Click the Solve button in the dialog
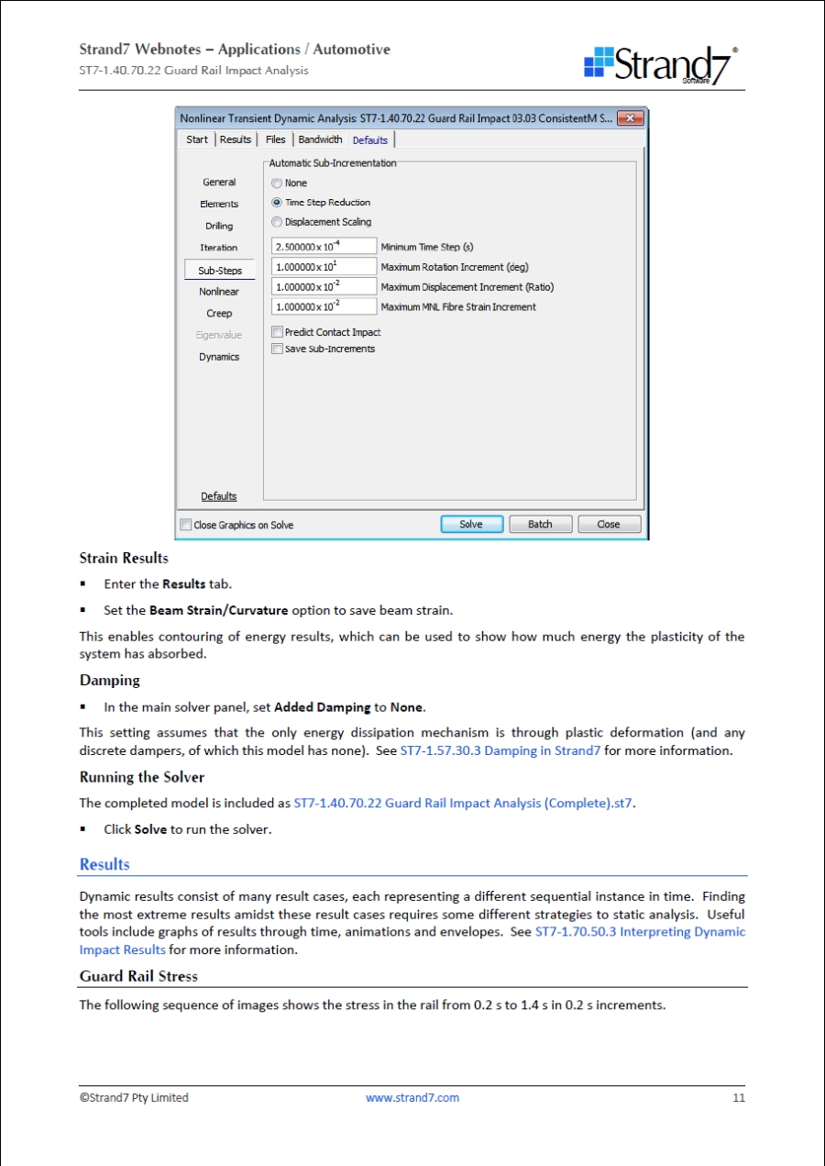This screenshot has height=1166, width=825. click(x=471, y=525)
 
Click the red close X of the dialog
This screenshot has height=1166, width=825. click(x=629, y=118)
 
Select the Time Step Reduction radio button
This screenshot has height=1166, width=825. click(x=277, y=203)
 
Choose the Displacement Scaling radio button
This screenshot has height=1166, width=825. click(x=277, y=222)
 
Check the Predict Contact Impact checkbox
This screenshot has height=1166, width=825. click(x=278, y=332)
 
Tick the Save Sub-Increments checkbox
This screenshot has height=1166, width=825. click(x=278, y=349)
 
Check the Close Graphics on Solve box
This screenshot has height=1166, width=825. click(x=187, y=526)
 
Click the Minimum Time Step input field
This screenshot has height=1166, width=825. click(x=324, y=247)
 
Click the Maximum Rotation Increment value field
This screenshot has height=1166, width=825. click(x=324, y=267)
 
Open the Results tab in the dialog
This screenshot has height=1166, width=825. click(x=236, y=139)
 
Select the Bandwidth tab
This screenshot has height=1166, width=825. click(x=320, y=139)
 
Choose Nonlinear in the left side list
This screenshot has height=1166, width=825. click(x=219, y=292)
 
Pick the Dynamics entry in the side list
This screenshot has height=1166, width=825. click(x=219, y=357)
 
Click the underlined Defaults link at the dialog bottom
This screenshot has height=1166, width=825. click(x=219, y=496)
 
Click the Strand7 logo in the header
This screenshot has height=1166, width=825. click(x=661, y=65)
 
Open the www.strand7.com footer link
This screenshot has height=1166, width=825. click(x=412, y=1097)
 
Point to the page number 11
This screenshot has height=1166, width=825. click(x=738, y=1097)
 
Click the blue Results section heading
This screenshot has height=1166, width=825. click(x=104, y=864)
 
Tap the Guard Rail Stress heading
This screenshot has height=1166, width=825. click(x=138, y=976)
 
